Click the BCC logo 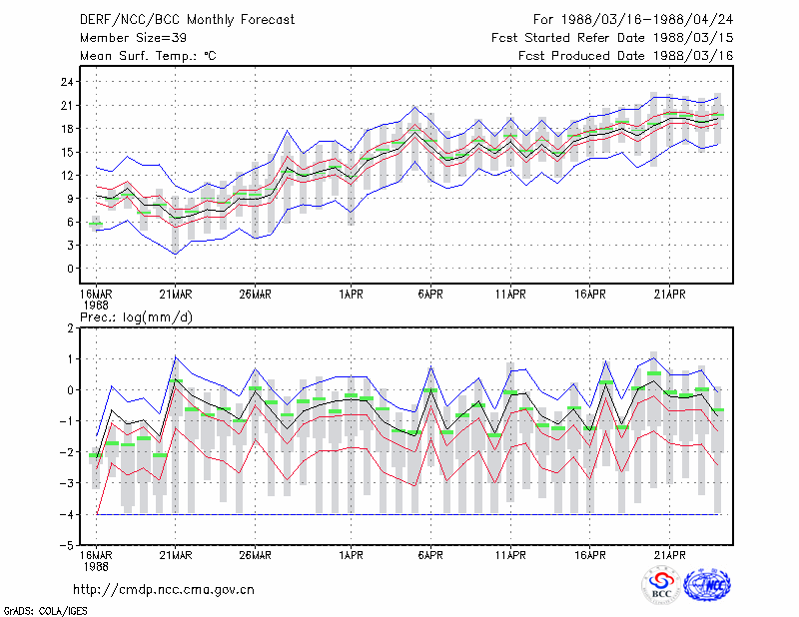pyautogui.click(x=661, y=585)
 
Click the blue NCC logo pyautogui.click(x=707, y=585)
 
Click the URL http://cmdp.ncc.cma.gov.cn pyautogui.click(x=164, y=590)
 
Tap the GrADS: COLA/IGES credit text pyautogui.click(x=45, y=611)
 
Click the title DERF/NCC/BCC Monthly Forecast pyautogui.click(x=187, y=20)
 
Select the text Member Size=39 pyautogui.click(x=133, y=38)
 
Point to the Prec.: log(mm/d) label pyautogui.click(x=136, y=317)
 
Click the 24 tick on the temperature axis pyautogui.click(x=67, y=82)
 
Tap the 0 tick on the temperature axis pyautogui.click(x=70, y=269)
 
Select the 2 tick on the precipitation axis pyautogui.click(x=70, y=328)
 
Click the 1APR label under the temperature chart pyautogui.click(x=352, y=295)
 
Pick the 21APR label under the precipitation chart pyautogui.click(x=669, y=555)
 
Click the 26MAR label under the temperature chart pyautogui.click(x=255, y=295)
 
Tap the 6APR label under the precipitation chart pyautogui.click(x=430, y=555)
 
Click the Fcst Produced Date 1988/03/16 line pyautogui.click(x=626, y=56)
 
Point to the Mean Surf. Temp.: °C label pyautogui.click(x=148, y=56)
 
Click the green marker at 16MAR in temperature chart pyautogui.click(x=96, y=224)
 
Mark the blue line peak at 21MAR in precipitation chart pyautogui.click(x=176, y=356)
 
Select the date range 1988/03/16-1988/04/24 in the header pyautogui.click(x=647, y=20)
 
